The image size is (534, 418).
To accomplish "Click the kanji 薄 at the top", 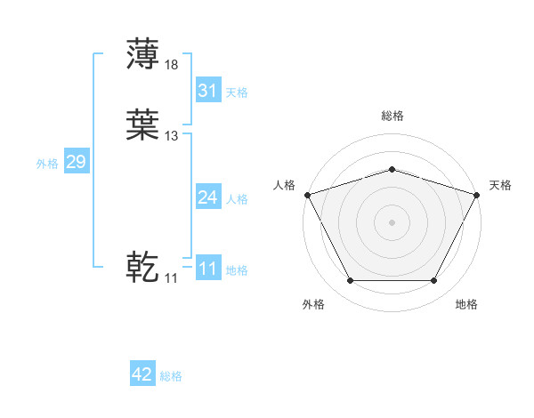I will [x=142, y=53].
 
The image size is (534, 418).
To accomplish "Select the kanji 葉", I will [x=142, y=125].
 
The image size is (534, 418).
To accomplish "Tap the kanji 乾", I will [x=142, y=266].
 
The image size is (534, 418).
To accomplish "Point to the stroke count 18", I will [x=172, y=64].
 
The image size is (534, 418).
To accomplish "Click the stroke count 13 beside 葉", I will [x=172, y=136].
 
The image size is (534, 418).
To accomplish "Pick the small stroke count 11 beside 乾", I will [x=171, y=277].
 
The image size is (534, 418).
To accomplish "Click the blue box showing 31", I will [x=207, y=90].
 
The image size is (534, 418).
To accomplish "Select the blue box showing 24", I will [x=207, y=197].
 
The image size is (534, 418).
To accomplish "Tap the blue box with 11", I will [x=207, y=268].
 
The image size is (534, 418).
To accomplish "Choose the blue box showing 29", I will [x=76, y=162].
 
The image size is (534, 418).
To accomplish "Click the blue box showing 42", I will [x=142, y=374].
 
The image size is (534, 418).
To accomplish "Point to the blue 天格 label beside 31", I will [x=237, y=92].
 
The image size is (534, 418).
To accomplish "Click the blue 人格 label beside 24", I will [x=237, y=199].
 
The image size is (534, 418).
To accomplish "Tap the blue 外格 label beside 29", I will [x=47, y=164].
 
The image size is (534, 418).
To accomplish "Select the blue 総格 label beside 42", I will [x=171, y=376].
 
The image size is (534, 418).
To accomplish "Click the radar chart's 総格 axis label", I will [x=392, y=117].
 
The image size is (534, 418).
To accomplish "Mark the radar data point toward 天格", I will [x=477, y=195].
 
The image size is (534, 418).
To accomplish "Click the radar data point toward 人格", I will [x=307, y=195].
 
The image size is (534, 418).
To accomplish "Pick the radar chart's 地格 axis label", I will [x=466, y=305].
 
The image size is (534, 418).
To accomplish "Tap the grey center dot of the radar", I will [x=392, y=222].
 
